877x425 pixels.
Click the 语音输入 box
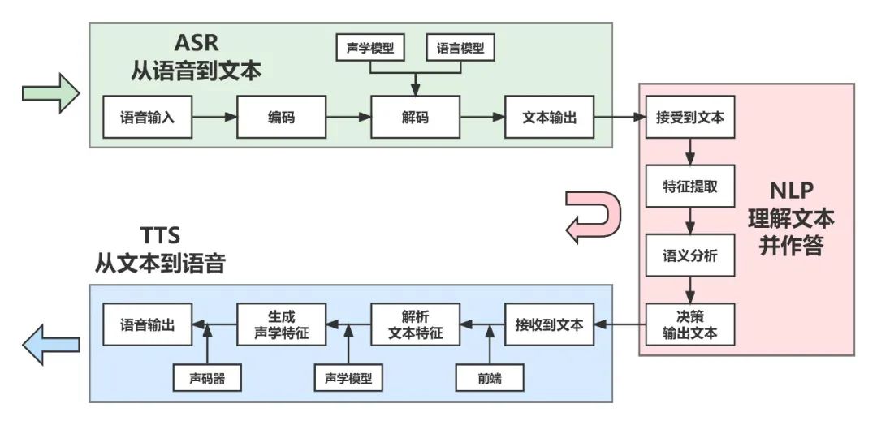pos(147,118)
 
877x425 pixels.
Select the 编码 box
pos(281,118)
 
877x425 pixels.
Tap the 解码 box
pos(415,118)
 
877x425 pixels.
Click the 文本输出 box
pos(549,118)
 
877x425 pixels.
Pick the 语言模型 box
pos(460,49)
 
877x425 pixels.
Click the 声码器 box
pos(208,377)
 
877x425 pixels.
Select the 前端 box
pos(489,377)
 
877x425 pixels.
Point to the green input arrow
pos(50,95)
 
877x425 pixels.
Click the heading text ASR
pos(197,42)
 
